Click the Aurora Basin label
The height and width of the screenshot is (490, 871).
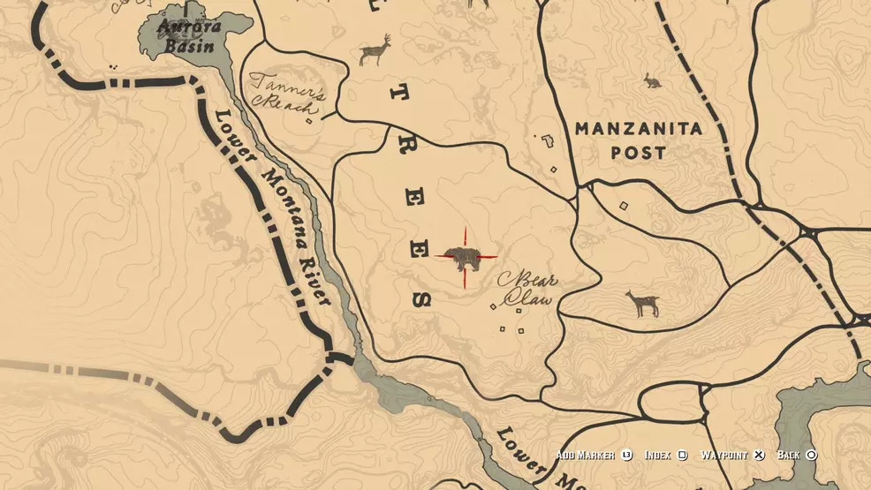coord(187,36)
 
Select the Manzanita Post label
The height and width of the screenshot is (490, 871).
coord(639,140)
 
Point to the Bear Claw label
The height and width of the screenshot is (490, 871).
coord(527,290)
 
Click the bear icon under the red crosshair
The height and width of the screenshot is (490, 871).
coord(465,259)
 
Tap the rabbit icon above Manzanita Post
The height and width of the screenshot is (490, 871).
coord(654,81)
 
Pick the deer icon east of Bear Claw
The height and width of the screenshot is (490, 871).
coord(642,304)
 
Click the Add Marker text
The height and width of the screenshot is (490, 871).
coord(585,456)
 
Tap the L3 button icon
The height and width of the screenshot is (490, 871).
coord(626,456)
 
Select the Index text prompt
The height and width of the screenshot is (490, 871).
coord(657,456)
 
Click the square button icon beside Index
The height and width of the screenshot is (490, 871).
coord(682,456)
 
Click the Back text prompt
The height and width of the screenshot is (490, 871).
coord(789,456)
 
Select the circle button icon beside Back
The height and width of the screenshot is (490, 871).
coord(811,456)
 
